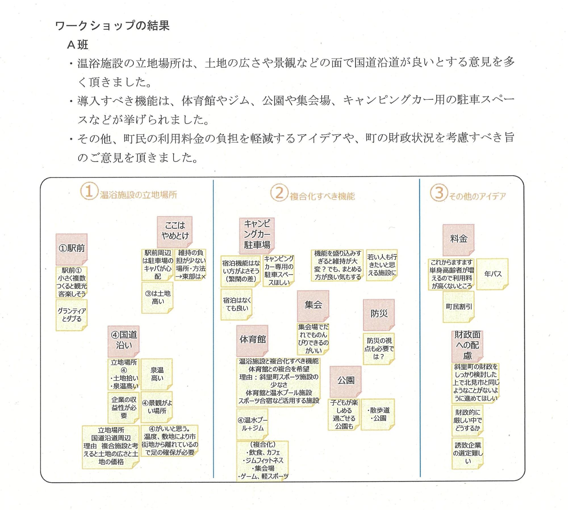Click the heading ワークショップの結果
(x=112, y=26)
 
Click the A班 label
(x=78, y=45)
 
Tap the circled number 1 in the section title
(x=89, y=191)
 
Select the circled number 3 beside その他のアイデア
(x=439, y=193)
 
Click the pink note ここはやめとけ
(x=175, y=231)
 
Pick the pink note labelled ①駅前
(x=72, y=249)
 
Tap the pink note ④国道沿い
(x=124, y=340)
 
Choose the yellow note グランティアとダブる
(x=72, y=315)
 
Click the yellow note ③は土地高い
(x=157, y=298)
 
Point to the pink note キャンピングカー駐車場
(x=257, y=235)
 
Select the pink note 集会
(x=313, y=305)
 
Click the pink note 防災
(x=379, y=314)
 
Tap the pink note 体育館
(x=252, y=340)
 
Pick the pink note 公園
(x=346, y=381)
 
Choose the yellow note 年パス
(x=492, y=274)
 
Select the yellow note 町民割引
(x=458, y=307)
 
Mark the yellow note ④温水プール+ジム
(x=252, y=424)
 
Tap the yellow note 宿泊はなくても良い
(x=237, y=304)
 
